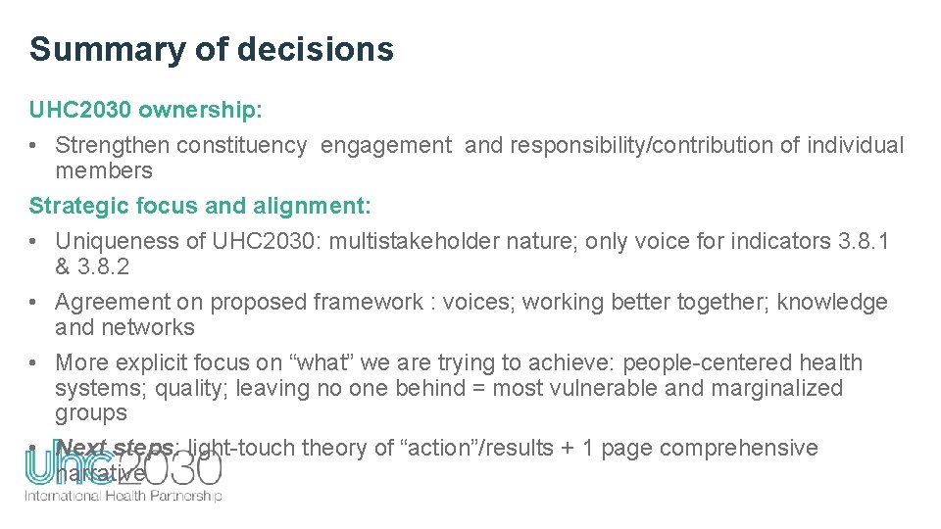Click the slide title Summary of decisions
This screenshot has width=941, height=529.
[211, 49]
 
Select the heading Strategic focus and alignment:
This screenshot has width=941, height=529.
[200, 207]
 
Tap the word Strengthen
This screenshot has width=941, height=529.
[106, 146]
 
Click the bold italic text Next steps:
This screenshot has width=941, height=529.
[118, 448]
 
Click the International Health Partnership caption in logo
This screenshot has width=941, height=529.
[124, 496]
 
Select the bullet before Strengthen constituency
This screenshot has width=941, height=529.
[34, 146]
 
